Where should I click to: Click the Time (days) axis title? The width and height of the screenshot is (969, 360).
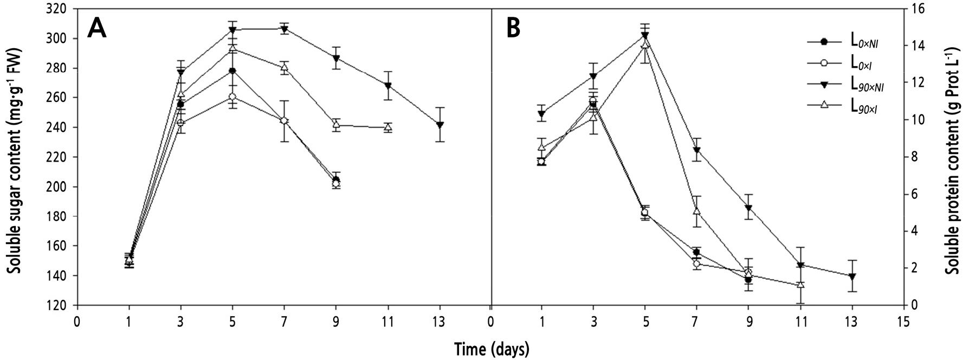pyautogui.click(x=491, y=348)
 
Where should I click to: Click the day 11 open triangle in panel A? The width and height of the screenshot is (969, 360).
pyautogui.click(x=388, y=127)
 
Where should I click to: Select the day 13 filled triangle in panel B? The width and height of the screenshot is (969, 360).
pyautogui.click(x=852, y=277)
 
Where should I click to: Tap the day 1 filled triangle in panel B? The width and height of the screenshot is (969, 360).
pyautogui.click(x=541, y=114)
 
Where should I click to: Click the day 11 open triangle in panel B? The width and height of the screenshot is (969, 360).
pyautogui.click(x=800, y=285)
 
